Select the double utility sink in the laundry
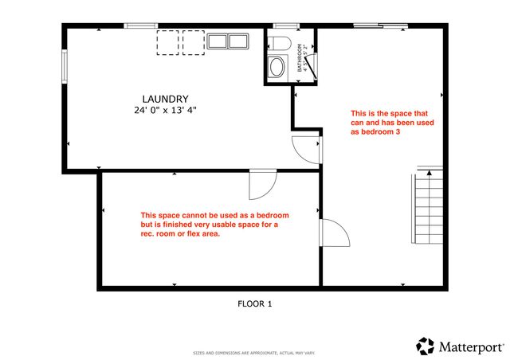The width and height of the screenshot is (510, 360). [x=228, y=41]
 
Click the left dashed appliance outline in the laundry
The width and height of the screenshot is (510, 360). [x=167, y=43]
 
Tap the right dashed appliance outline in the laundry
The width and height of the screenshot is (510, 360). [x=194, y=43]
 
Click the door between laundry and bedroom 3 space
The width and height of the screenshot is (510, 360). [x=307, y=148]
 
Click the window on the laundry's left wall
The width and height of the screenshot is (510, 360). [x=65, y=67]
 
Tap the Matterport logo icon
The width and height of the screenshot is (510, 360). [x=426, y=346]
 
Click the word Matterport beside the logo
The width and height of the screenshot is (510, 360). [x=470, y=346]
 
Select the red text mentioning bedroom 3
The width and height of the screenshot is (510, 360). [x=382, y=123]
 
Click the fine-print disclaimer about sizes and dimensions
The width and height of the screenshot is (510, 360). [x=254, y=352]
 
